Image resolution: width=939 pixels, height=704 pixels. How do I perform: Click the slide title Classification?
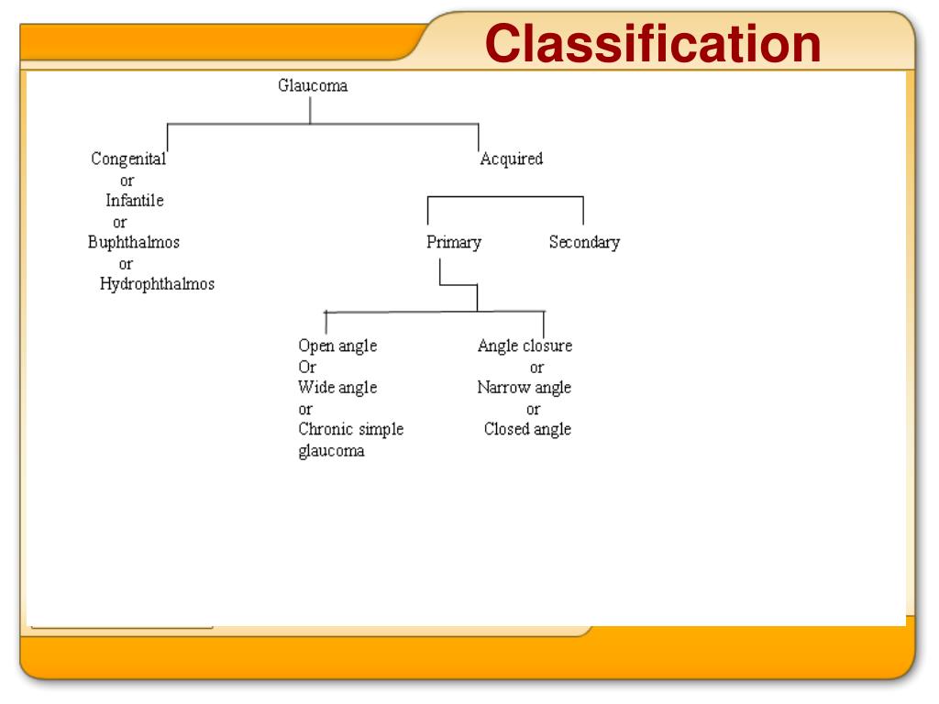(x=653, y=44)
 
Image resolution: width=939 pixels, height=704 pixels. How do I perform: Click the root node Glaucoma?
(x=313, y=86)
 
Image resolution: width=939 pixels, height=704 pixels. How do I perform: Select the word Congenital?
(x=128, y=159)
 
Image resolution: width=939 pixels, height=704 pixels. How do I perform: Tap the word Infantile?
(x=134, y=201)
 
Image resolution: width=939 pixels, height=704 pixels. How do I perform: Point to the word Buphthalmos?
(x=134, y=243)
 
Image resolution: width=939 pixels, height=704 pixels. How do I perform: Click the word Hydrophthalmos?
(x=157, y=284)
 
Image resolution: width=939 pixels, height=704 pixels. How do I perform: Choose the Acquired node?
(x=512, y=159)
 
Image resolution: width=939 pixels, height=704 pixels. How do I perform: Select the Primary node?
(x=454, y=243)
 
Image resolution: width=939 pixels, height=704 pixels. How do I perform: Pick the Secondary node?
(x=584, y=243)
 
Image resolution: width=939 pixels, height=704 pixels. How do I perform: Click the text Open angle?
(x=337, y=346)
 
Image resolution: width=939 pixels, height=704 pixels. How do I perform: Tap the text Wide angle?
(x=337, y=388)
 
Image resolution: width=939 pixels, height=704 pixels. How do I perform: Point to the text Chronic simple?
(x=350, y=429)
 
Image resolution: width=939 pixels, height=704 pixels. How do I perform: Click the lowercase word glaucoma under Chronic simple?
(x=331, y=451)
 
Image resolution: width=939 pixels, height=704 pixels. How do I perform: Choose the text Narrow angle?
(x=524, y=388)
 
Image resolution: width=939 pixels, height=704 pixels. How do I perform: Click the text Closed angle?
(x=527, y=429)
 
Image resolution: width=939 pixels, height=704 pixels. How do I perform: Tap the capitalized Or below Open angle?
(x=307, y=368)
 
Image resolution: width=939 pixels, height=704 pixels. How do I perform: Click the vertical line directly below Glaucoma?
(x=311, y=110)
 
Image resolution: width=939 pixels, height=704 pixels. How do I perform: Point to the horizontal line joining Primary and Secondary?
(x=505, y=197)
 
